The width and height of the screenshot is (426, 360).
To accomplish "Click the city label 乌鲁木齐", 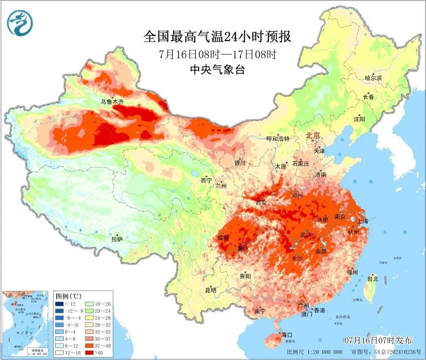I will pyautogui.click(x=112, y=101).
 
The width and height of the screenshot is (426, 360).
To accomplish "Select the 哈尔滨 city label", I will pyautogui.click(x=373, y=78).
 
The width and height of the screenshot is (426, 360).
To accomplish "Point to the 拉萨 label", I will pyautogui.click(x=117, y=240).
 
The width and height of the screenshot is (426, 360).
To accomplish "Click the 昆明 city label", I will pyautogui.click(x=211, y=290).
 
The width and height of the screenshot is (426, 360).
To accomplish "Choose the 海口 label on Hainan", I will pyautogui.click(x=287, y=334).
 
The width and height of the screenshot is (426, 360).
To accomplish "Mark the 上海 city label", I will pyautogui.click(x=362, y=221).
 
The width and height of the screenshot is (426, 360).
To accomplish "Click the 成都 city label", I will pyautogui.click(x=223, y=237).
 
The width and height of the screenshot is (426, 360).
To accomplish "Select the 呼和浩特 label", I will pyautogui.click(x=278, y=139).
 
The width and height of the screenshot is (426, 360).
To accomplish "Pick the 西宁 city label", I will pyautogui.click(x=206, y=180).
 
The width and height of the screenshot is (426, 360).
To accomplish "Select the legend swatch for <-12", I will pyautogui.click(x=59, y=304).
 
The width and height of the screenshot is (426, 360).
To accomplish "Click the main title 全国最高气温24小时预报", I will pyautogui.click(x=217, y=37).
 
